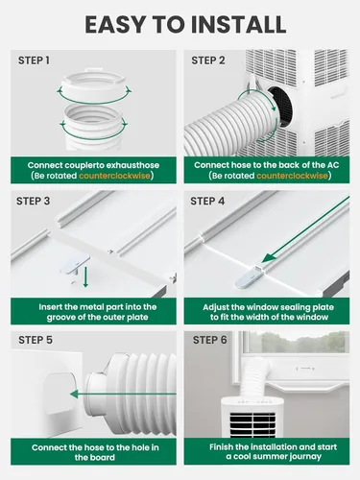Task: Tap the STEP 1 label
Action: pyautogui.click(x=34, y=60)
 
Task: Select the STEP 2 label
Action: pyautogui.click(x=208, y=60)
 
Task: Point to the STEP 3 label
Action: pyautogui.click(x=34, y=201)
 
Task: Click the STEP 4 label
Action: pyautogui.click(x=207, y=201)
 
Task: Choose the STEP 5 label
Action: pyautogui.click(x=36, y=340)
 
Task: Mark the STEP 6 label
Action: pyautogui.click(x=209, y=340)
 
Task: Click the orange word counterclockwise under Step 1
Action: pyautogui.click(x=114, y=176)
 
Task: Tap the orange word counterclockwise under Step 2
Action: pyautogui.click(x=292, y=176)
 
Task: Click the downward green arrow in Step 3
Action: pyautogui.click(x=85, y=277)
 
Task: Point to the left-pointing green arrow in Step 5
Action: pyautogui.click(x=123, y=394)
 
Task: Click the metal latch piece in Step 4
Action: pyautogui.click(x=249, y=277)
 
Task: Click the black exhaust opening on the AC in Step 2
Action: pyautogui.click(x=281, y=107)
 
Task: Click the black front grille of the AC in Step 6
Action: pyautogui.click(x=252, y=424)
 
